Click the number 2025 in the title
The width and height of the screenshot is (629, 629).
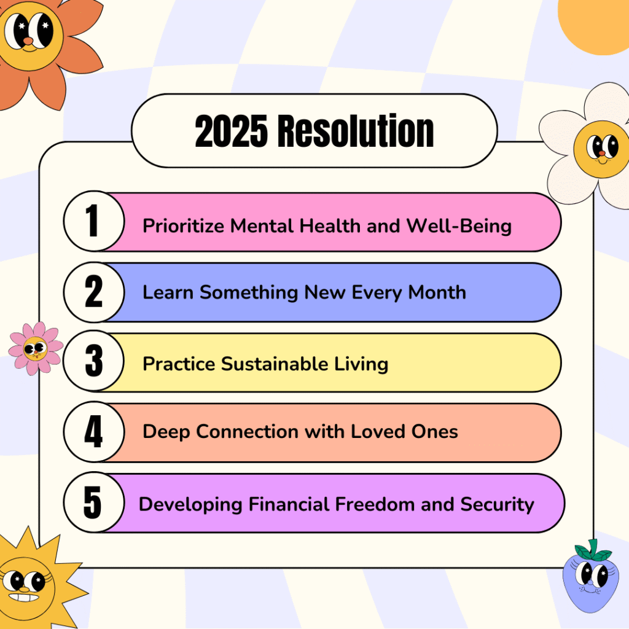tap(231, 131)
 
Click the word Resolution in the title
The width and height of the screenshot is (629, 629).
tap(356, 131)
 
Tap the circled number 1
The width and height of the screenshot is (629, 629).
tap(94, 221)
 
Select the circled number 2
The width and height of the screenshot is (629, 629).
tap(94, 292)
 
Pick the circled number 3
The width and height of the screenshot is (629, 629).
tap(94, 361)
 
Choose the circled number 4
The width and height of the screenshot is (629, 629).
tap(94, 432)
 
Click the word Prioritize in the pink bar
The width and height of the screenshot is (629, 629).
tap(183, 226)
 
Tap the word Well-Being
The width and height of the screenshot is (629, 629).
tap(459, 226)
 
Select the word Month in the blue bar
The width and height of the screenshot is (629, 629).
tap(437, 292)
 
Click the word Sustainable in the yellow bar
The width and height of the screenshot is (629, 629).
tap(275, 364)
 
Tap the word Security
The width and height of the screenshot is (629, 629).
tap(497, 505)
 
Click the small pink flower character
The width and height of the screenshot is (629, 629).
tap(36, 348)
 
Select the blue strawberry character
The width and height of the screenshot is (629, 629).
tap(589, 577)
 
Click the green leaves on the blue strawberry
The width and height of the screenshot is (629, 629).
tap(593, 550)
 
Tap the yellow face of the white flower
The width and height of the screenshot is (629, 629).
tap(601, 149)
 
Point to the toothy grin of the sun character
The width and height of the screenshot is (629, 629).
tap(24, 598)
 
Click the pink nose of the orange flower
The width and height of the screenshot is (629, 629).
tap(28, 41)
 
